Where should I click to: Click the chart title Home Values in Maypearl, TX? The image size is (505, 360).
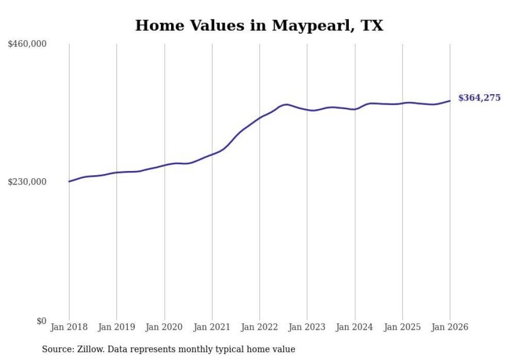259,25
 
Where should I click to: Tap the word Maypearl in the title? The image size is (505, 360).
307,26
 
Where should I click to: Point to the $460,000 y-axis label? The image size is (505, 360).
27,44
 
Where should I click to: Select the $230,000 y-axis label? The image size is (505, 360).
27,182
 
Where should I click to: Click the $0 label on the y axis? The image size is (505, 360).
41,321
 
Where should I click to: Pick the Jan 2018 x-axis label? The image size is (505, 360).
69,327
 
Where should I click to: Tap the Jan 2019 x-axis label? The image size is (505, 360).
116,327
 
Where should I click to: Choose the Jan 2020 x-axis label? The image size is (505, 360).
164,327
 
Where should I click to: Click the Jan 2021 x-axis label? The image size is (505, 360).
212,327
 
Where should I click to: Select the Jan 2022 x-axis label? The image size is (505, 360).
260,327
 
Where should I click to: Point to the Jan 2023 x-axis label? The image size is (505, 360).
307,327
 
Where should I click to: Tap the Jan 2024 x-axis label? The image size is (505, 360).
355,327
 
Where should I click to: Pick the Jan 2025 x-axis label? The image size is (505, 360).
402,327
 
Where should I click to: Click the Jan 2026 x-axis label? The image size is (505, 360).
450,327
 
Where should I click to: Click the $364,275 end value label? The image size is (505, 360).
479,98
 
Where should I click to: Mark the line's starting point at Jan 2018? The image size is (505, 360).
69,181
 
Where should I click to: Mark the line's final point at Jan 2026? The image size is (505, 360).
450,100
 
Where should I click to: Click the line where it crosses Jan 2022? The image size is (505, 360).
260,117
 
